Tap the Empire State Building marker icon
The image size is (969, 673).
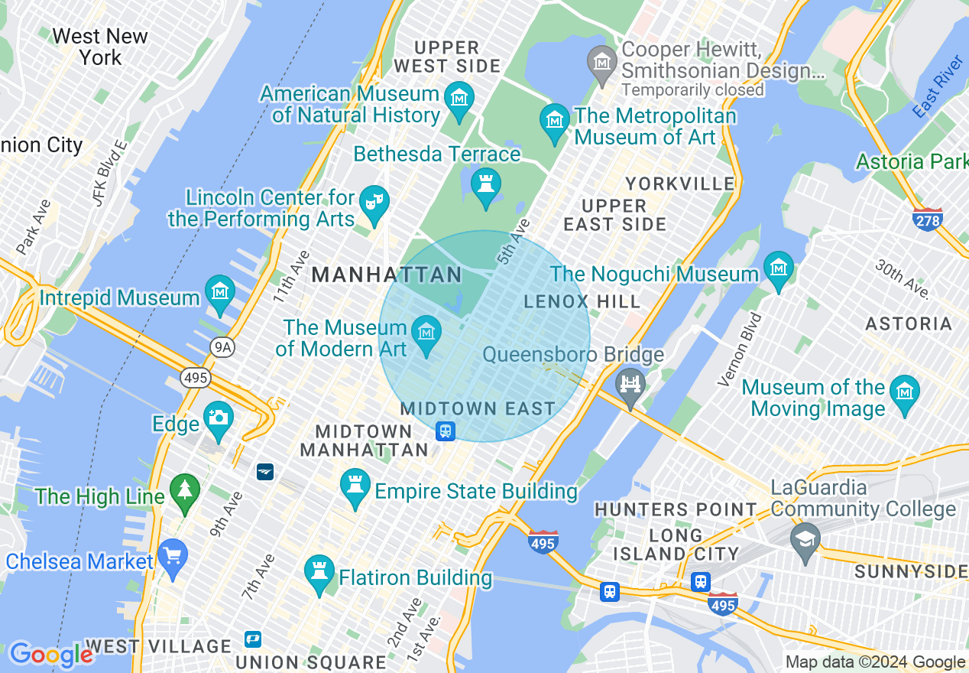tap(355, 486)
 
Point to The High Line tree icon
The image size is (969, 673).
tap(184, 491)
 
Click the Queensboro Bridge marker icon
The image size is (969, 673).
tap(630, 384)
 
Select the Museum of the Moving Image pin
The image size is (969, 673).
tap(906, 393)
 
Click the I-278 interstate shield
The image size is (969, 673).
tap(927, 219)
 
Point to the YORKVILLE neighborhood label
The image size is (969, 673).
tap(680, 184)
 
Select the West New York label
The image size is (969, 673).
tap(99, 47)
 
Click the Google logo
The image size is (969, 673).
tap(50, 655)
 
